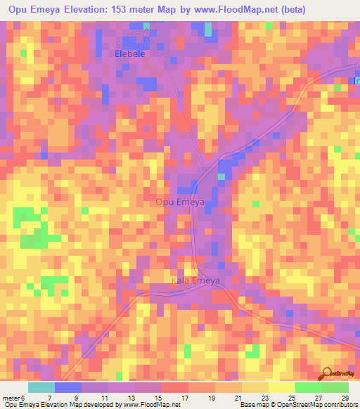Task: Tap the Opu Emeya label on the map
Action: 180,202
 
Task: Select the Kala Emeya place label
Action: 195,281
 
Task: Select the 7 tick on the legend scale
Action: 49,398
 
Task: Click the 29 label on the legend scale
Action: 345,398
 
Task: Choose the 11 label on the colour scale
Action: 105,398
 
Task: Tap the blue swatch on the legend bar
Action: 67,387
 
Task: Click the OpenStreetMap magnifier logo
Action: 328,374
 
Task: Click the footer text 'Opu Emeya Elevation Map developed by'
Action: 60,405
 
